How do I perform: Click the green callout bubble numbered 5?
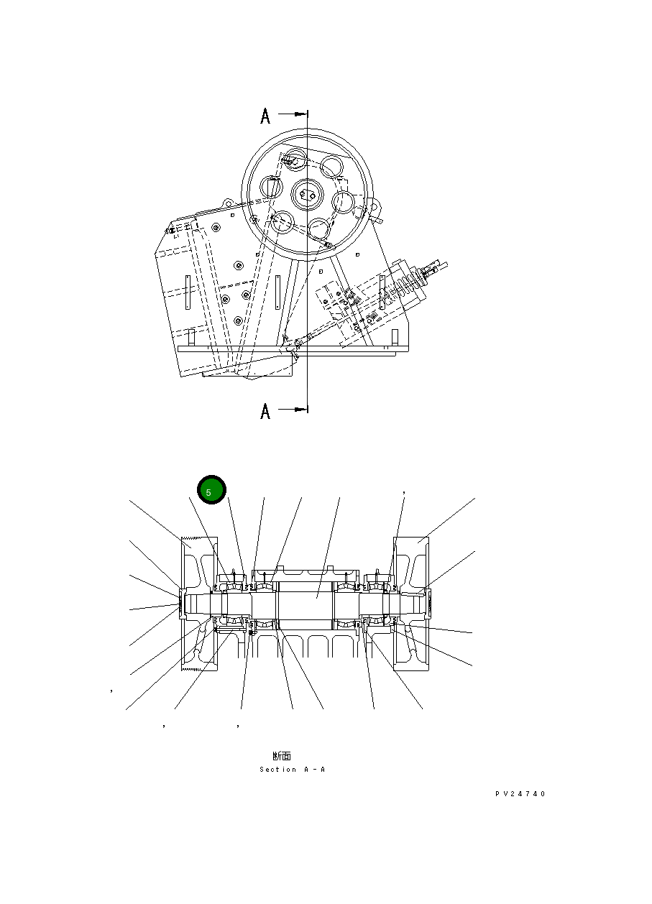pyautogui.click(x=212, y=490)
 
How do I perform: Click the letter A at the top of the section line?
pyautogui.click(x=265, y=116)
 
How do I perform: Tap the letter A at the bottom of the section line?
pyautogui.click(x=265, y=412)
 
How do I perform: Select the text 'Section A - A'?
pyautogui.click(x=293, y=770)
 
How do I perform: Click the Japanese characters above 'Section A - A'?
pyautogui.click(x=282, y=756)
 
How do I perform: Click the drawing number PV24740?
pyautogui.click(x=520, y=794)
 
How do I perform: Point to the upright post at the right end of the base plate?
pyautogui.click(x=395, y=336)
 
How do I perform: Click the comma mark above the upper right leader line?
pyautogui.click(x=405, y=492)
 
